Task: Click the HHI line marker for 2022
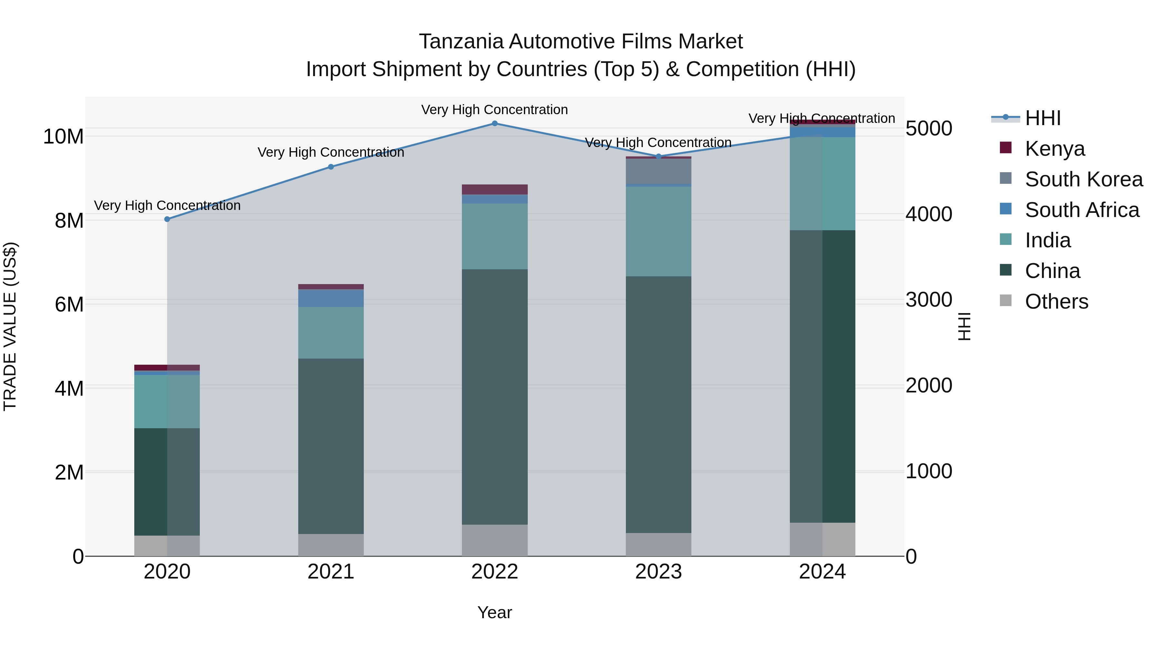(x=494, y=124)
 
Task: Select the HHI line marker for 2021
(x=331, y=167)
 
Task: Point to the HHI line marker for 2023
(x=658, y=156)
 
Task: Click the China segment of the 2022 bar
(x=494, y=397)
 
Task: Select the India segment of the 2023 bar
(x=658, y=231)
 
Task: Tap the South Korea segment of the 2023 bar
(x=658, y=171)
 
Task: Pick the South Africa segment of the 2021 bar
(x=331, y=298)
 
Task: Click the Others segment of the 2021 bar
(x=331, y=545)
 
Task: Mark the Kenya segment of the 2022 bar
(x=494, y=189)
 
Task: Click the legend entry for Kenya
(x=1054, y=149)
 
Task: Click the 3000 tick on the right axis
(x=929, y=300)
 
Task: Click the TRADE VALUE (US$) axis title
(x=10, y=326)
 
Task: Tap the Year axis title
(x=494, y=612)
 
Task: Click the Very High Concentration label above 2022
(x=494, y=110)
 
